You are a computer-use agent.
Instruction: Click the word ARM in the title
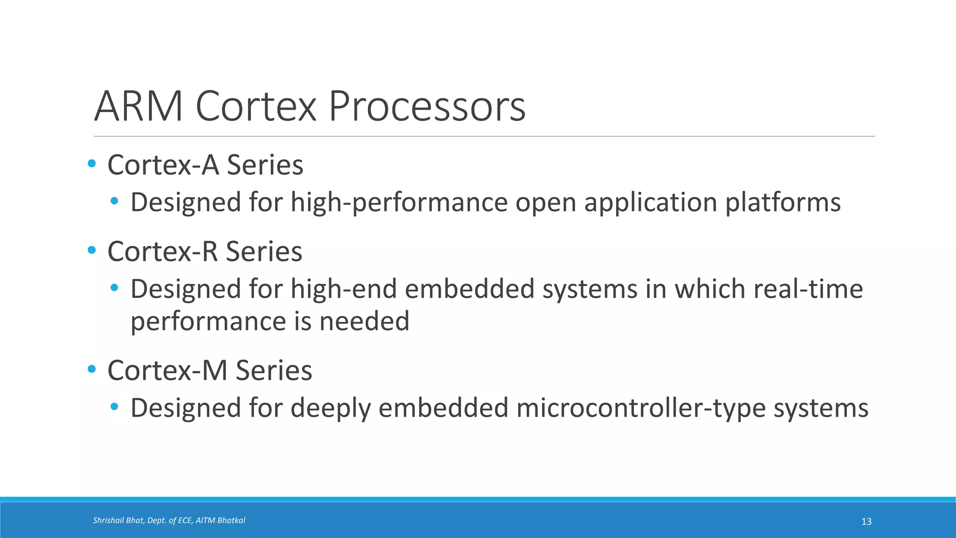pos(139,106)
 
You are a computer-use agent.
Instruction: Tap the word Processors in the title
pos(427,106)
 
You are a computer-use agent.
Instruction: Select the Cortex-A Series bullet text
pos(205,165)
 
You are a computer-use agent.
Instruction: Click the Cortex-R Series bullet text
pos(205,252)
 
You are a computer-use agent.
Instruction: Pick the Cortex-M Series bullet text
pos(210,371)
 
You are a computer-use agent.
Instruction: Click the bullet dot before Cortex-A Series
pos(91,164)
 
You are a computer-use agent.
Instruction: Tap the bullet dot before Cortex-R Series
pos(91,250)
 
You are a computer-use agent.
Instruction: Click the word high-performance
pos(399,203)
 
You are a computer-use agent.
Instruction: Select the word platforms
pos(783,203)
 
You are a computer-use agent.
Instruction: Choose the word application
pos(650,203)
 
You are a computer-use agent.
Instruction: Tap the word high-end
pos(344,289)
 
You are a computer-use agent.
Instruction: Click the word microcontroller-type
pos(641,408)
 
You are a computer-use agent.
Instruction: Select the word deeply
pos(330,408)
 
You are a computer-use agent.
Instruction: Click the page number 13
pos(866,522)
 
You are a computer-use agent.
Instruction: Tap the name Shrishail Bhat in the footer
pos(119,520)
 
